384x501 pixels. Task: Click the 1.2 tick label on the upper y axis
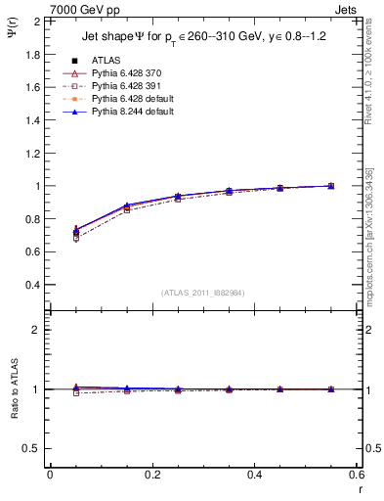click(32, 153)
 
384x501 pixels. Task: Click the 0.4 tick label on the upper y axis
click(32, 285)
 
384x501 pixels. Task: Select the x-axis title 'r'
click(360, 488)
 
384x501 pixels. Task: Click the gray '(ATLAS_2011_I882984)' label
click(204, 293)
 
